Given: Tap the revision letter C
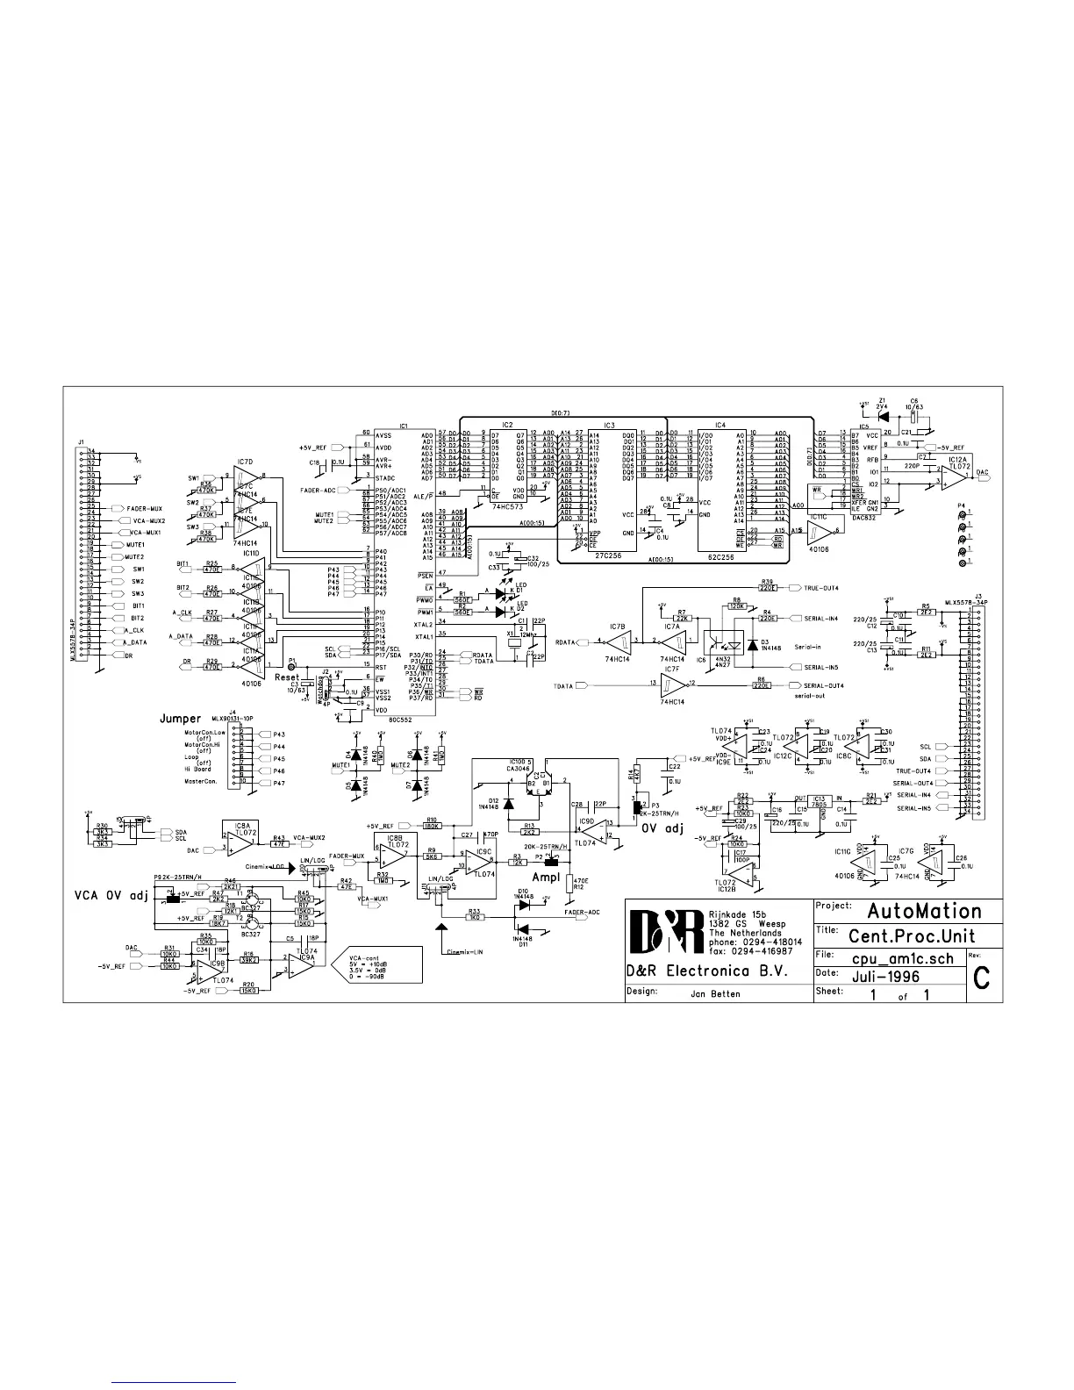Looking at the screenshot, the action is (x=982, y=978).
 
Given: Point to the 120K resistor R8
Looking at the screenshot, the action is (x=736, y=605).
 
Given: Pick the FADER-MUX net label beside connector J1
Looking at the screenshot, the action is (x=142, y=508).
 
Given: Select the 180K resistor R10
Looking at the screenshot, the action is (x=432, y=826).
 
